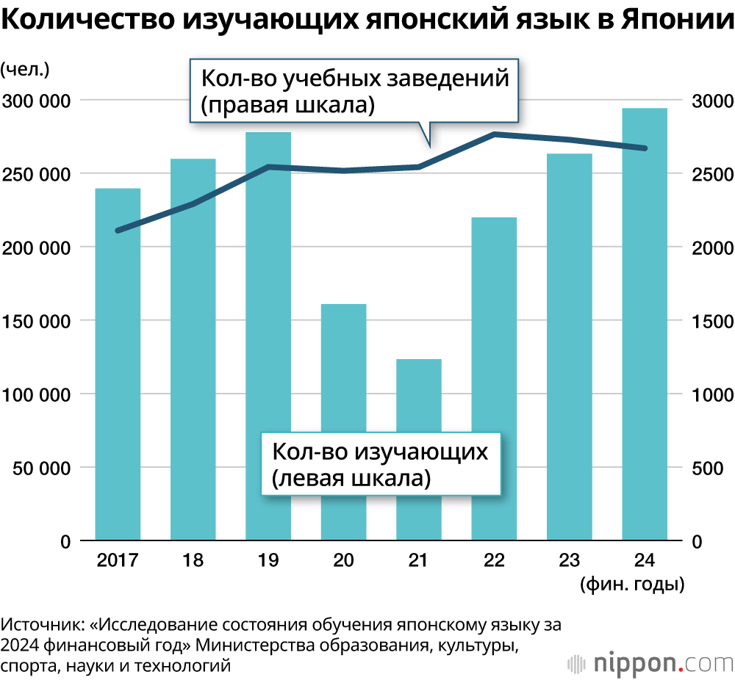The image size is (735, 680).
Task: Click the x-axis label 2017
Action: coord(118,561)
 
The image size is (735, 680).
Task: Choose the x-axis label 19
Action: coord(268,561)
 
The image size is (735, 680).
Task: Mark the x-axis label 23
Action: coord(570,561)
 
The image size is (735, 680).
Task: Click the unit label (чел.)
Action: coord(25,70)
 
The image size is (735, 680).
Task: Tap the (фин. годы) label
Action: coord(632,585)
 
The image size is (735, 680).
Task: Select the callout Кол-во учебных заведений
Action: coord(355,91)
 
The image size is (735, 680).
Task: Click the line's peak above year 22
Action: coord(494,134)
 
